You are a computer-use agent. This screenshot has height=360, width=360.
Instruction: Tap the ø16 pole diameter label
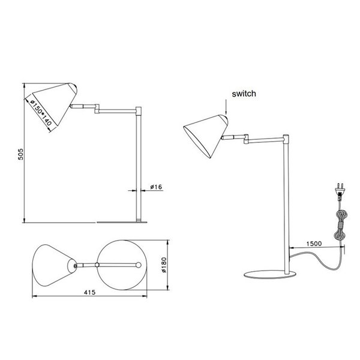157,187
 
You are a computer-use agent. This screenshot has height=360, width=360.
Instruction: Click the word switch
245,93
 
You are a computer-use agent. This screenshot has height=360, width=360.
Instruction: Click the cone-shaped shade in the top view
53,265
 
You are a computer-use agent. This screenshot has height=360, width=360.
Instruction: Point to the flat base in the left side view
123,221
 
